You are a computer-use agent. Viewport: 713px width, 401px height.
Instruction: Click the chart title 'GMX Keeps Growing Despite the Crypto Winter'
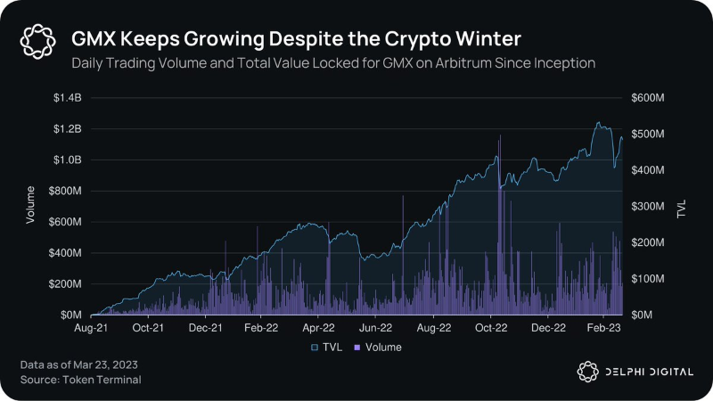point(296,39)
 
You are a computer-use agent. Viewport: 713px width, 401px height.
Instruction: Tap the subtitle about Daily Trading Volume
point(333,63)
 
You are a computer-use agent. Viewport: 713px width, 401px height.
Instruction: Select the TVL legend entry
point(329,347)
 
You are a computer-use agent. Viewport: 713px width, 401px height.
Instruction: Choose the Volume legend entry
point(379,347)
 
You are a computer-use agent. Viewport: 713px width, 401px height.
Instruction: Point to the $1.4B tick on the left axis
point(68,98)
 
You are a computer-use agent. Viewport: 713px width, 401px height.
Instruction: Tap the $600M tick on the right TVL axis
point(647,98)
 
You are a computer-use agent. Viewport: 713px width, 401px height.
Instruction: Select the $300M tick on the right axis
point(647,207)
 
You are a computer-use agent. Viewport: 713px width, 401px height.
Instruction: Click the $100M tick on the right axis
point(647,279)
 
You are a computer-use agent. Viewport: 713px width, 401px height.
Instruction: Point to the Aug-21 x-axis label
point(91,329)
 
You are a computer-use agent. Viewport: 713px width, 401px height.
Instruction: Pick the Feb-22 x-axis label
point(259,329)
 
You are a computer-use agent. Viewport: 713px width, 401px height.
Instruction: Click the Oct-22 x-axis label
point(489,329)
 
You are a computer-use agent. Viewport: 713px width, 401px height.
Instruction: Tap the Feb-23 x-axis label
point(602,329)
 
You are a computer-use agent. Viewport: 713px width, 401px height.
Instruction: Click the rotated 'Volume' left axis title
point(29,204)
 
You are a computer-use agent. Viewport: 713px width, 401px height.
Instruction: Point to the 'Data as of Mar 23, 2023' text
point(78,365)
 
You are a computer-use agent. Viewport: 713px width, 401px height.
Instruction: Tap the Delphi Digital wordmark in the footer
point(646,372)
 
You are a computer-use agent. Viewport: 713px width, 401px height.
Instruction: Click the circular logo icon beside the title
point(38,40)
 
